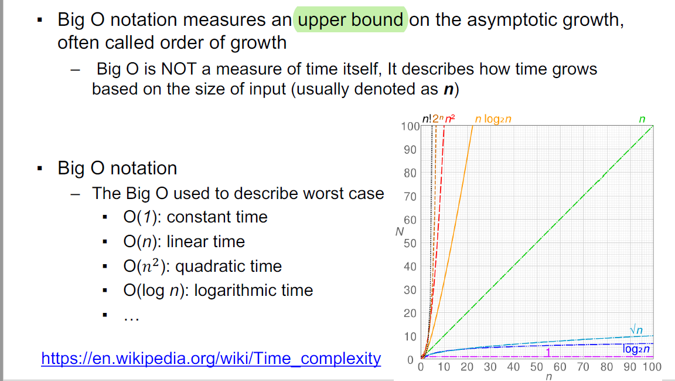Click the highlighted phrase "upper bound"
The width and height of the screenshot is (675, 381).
click(x=350, y=20)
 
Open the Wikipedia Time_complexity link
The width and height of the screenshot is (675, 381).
click(x=211, y=359)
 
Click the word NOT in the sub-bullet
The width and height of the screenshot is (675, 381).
click(x=179, y=69)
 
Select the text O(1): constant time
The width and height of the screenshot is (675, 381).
click(x=196, y=217)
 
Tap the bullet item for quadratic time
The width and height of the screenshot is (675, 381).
click(x=202, y=266)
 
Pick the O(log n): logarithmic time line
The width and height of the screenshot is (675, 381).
click(x=218, y=291)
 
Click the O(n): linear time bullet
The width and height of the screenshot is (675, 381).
click(x=184, y=242)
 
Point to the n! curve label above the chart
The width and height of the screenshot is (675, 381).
click(x=427, y=119)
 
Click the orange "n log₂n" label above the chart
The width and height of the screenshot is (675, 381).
click(x=493, y=119)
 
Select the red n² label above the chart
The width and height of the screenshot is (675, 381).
click(x=450, y=119)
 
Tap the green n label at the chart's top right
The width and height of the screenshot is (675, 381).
click(x=642, y=120)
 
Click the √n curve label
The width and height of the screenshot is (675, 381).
click(x=636, y=330)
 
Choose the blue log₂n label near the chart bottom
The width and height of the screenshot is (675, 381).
click(x=636, y=349)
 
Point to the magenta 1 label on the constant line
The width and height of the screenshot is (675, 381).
click(x=548, y=352)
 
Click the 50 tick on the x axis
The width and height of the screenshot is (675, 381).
click(x=536, y=367)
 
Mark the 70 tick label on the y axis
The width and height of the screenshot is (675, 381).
click(x=410, y=197)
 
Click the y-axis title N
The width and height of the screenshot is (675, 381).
click(x=399, y=232)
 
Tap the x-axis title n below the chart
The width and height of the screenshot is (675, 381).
click(x=548, y=377)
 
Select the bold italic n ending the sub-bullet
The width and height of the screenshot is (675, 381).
click(x=449, y=89)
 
